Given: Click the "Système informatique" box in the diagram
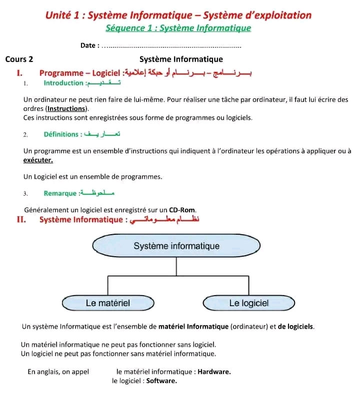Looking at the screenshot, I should coord(176,246).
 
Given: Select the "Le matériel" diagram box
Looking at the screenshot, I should coord(108,303).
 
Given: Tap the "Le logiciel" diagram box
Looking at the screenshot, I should coord(248,303).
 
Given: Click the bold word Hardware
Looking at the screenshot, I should coord(214,372).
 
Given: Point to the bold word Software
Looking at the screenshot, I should coord(161,381).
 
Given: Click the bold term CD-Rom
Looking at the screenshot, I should coord(182,210).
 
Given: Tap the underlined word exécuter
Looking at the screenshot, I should coord(38,160).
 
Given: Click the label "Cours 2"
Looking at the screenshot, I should coord(19,59).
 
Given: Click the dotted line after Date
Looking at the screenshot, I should coord(170,46).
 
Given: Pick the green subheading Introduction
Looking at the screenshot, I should coord(63,83).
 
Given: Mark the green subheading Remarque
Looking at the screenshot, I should coord(60,193).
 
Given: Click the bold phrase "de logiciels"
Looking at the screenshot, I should coord(296,327).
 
